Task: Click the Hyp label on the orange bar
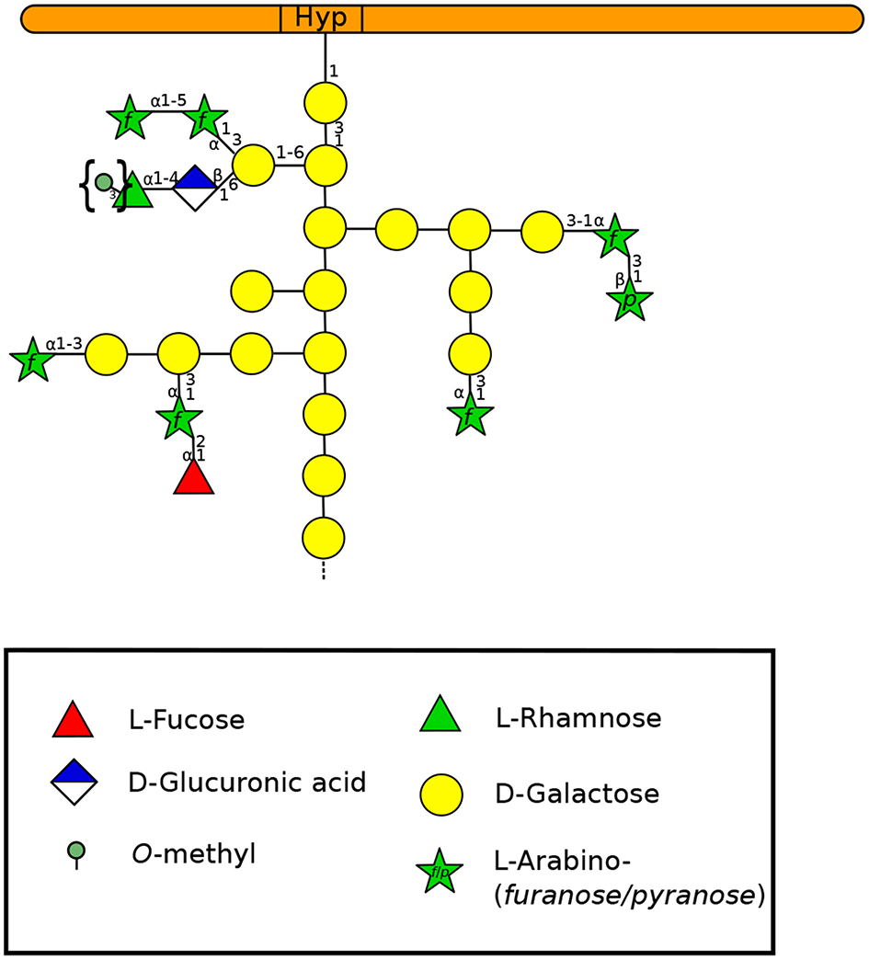[x=321, y=18]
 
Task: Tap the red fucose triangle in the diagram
[x=194, y=479]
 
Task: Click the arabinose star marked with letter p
[x=630, y=301]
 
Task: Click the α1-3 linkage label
[x=64, y=344]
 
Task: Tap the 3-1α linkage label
[x=585, y=222]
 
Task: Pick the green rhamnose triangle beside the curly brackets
[x=134, y=191]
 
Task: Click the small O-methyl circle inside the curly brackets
[x=104, y=182]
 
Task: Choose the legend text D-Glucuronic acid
[x=247, y=783]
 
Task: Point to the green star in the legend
[x=439, y=872]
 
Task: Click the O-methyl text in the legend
[x=193, y=854]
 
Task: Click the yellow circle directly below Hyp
[x=324, y=101]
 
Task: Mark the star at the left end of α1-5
[x=128, y=118]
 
